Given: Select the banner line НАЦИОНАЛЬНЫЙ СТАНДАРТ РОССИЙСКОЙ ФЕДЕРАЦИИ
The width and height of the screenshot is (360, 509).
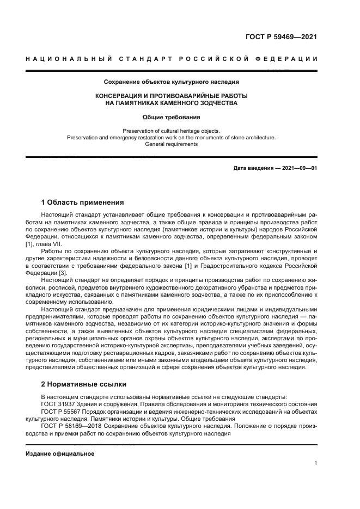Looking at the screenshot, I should (x=171, y=58).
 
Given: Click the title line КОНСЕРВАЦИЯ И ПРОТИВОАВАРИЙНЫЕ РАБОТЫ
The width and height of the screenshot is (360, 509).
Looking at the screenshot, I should (x=171, y=96).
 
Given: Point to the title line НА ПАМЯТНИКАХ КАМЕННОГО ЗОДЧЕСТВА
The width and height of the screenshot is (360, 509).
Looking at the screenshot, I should (x=171, y=103).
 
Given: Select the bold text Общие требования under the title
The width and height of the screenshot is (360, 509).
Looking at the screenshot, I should (x=171, y=117).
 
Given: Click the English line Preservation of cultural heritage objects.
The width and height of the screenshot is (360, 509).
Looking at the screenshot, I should (x=171, y=131).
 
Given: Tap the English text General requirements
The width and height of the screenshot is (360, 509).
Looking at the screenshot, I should (x=171, y=144).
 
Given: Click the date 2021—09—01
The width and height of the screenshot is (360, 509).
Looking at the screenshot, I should (x=299, y=168).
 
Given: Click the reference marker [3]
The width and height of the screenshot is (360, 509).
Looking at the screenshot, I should (x=62, y=272).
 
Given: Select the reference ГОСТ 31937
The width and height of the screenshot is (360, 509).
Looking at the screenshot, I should (x=60, y=404).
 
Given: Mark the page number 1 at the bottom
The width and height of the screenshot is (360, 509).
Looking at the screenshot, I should (x=315, y=463).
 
